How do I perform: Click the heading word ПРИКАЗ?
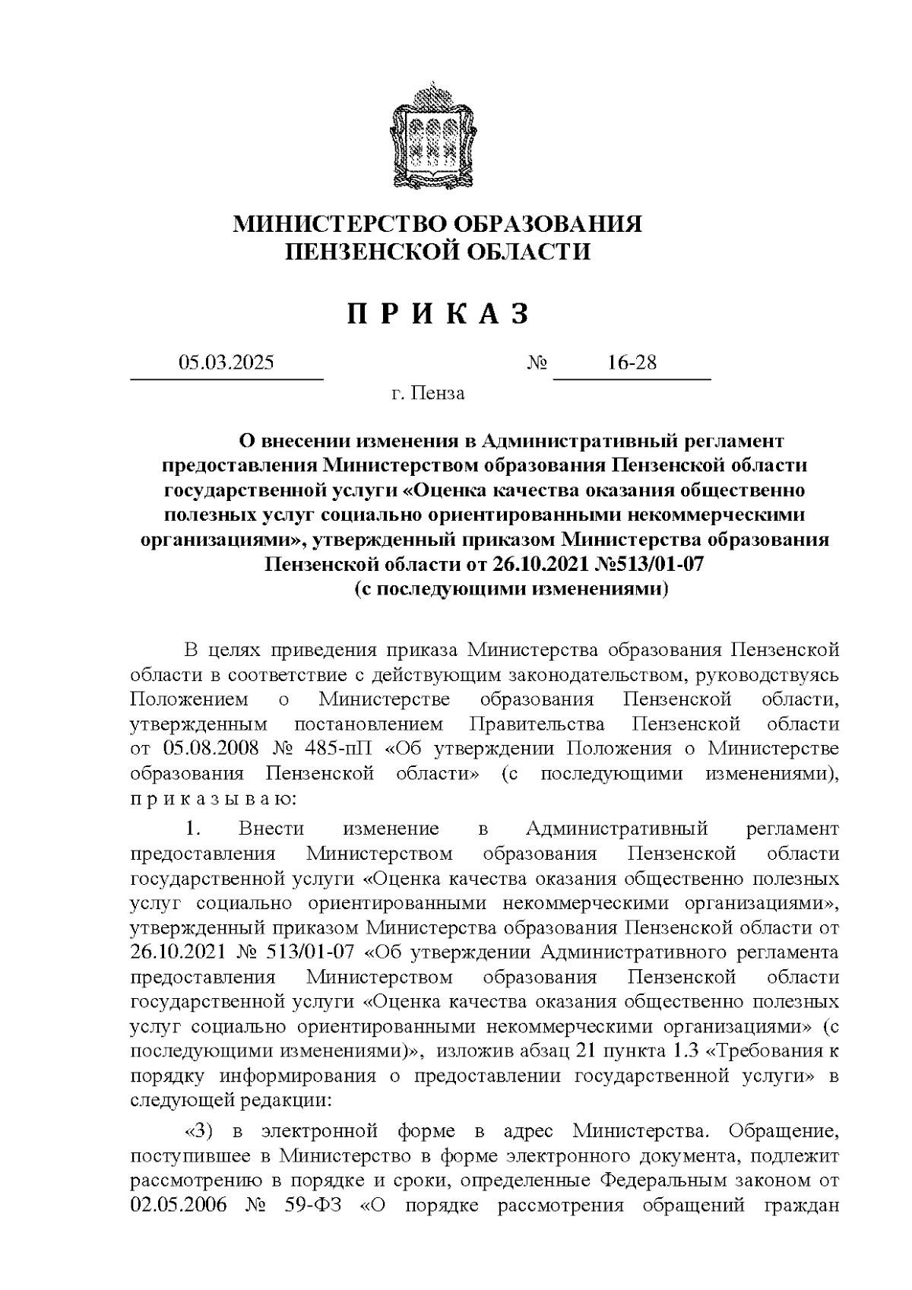[x=438, y=314]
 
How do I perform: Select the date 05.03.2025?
[x=226, y=363]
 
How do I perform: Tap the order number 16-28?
[x=632, y=363]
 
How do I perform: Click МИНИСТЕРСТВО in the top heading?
[x=339, y=224]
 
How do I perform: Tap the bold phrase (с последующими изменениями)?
[x=511, y=590]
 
